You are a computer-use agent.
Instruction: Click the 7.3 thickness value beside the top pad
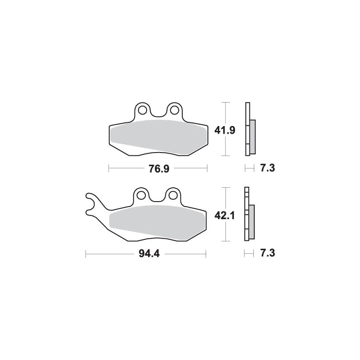point(267,169)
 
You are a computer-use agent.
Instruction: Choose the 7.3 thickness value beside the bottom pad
point(267,253)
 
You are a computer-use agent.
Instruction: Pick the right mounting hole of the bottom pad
point(173,195)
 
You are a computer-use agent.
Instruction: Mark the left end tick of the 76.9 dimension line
point(109,169)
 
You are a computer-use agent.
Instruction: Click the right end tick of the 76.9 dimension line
point(207,169)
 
